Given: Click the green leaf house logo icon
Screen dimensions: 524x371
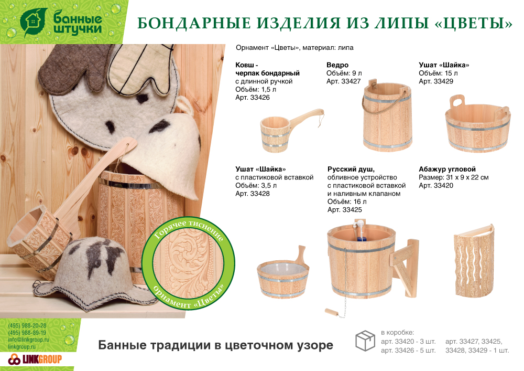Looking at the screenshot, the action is (x=34, y=22).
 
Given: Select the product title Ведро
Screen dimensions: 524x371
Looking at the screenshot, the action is (x=337, y=65).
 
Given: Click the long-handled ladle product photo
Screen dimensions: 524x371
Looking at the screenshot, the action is (x=292, y=131).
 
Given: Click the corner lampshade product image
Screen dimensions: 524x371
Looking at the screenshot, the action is (x=474, y=260).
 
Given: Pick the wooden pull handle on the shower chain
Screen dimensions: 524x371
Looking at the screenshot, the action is (x=332, y=312).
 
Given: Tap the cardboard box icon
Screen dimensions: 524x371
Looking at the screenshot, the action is (x=365, y=341).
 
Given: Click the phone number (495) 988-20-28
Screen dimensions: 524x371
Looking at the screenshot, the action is (x=27, y=325).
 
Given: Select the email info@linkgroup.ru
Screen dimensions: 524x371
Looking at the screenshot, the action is (x=28, y=340).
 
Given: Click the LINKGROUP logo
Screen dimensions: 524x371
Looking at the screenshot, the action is (x=35, y=359).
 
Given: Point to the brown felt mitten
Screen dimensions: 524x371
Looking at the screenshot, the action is (x=72, y=67).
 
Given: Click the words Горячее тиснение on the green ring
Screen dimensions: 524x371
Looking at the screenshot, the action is (x=189, y=229).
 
